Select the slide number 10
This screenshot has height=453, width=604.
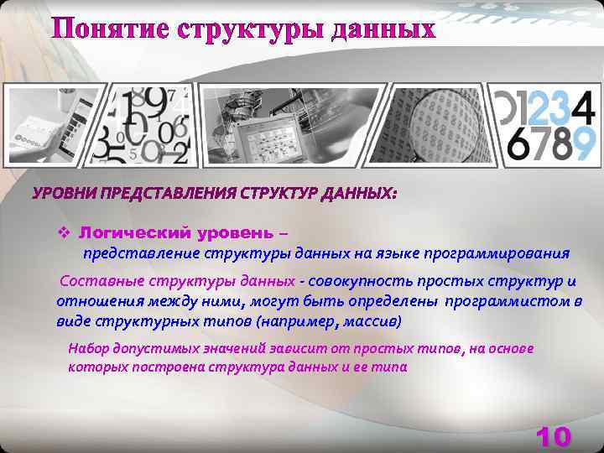pos(554,436)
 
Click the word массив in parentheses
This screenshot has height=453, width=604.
pos(375,321)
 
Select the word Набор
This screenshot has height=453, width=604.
pos(86,348)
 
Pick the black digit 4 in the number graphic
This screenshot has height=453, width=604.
pos(584,105)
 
